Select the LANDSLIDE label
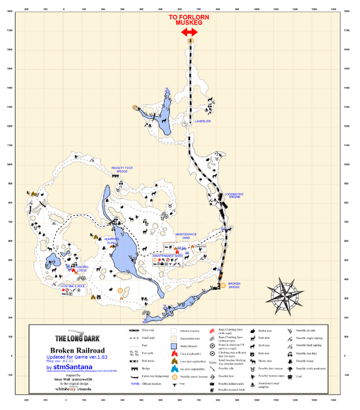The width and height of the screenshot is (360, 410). click(x=203, y=122)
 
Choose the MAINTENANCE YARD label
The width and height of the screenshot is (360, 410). click(x=185, y=236)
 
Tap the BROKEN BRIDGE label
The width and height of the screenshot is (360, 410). click(x=234, y=286)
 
